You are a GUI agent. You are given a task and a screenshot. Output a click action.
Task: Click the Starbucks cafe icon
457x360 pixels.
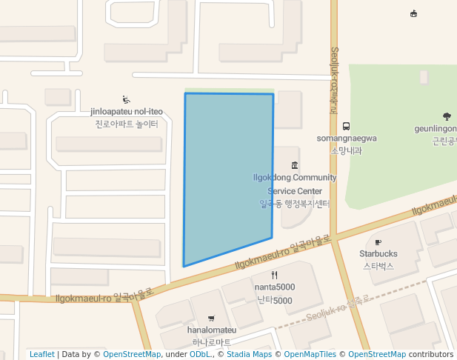point(378,242)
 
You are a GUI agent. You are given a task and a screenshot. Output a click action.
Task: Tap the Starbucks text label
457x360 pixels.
point(378,254)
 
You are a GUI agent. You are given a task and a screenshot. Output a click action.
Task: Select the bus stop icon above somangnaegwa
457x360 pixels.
point(347,126)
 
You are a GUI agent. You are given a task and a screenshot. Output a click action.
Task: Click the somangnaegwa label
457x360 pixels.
point(347,139)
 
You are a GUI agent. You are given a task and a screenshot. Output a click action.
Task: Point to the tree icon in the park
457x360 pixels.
point(447,116)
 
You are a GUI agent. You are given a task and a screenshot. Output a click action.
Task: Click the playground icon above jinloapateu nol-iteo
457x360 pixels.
point(126,100)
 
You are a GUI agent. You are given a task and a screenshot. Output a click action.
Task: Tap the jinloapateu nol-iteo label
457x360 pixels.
point(127,113)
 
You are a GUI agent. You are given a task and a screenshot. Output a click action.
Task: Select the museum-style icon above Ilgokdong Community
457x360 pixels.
point(295,165)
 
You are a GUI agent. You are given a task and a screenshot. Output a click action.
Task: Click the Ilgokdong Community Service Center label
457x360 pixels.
point(295,184)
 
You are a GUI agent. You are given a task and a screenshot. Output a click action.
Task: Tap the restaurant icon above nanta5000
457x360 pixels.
point(275,275)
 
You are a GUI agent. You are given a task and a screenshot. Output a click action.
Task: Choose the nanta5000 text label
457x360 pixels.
point(275,287)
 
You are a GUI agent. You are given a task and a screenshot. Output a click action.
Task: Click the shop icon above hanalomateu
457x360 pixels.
point(212,319)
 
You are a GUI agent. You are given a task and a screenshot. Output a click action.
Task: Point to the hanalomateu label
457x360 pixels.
point(212,330)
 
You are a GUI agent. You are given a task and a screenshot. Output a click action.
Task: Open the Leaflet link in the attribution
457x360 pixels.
point(42,354)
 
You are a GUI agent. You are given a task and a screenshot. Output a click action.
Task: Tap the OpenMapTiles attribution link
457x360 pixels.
point(310,354)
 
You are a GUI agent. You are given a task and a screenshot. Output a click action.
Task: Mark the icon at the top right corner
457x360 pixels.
point(413,13)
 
